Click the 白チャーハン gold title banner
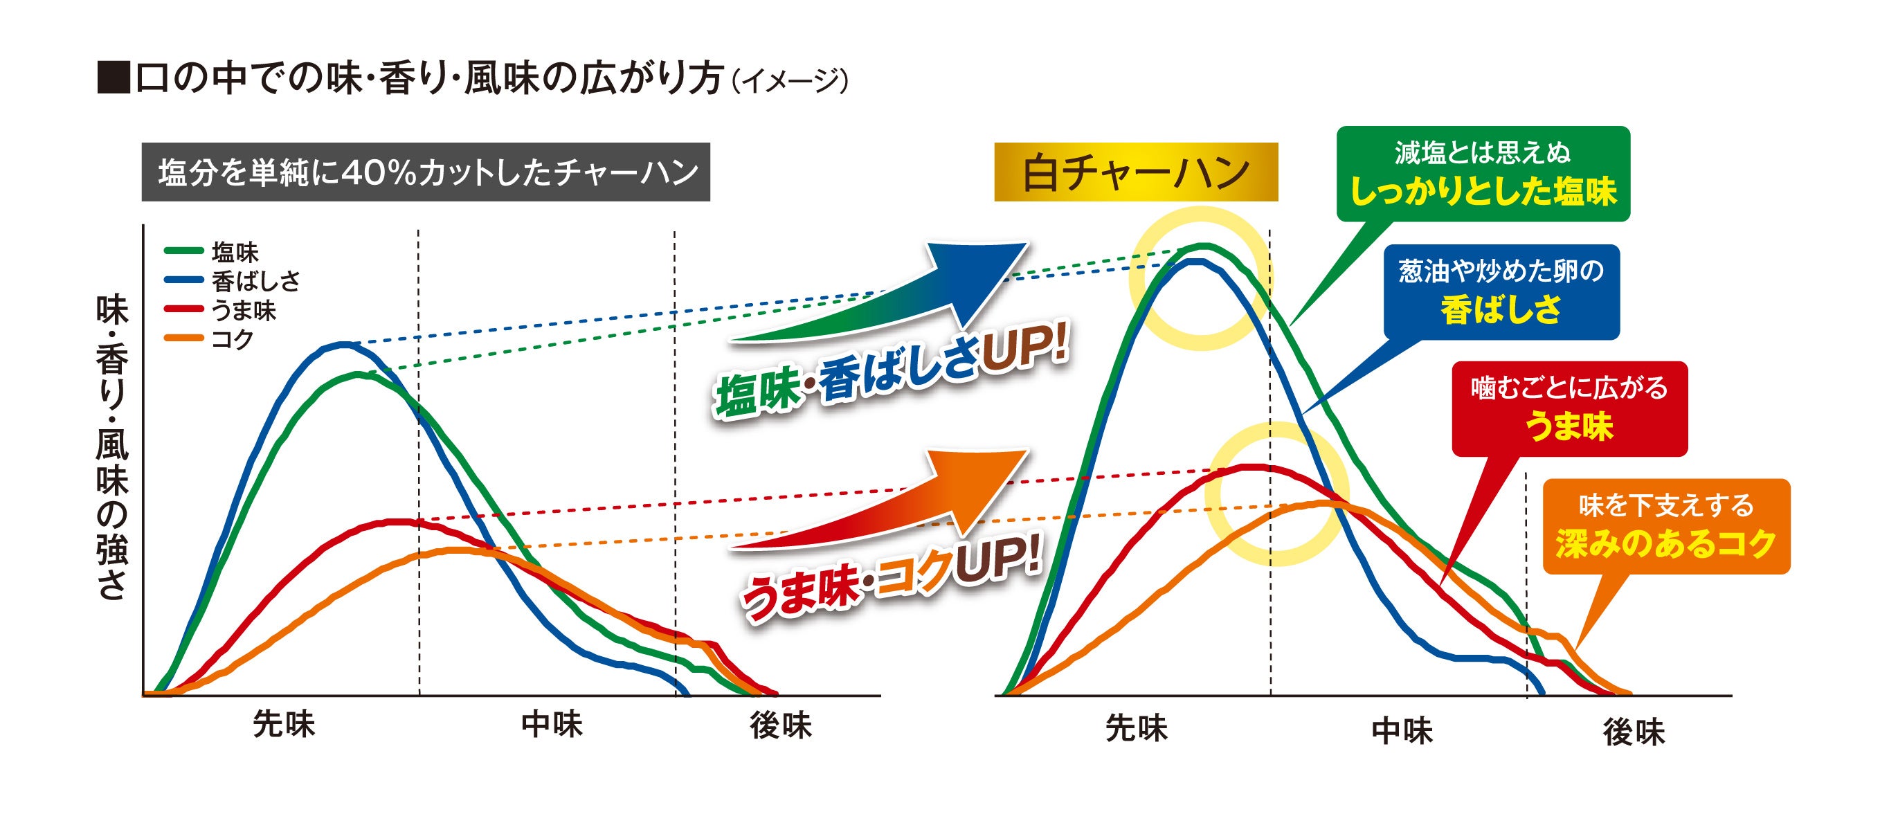[x=1136, y=172]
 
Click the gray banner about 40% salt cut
[x=426, y=172]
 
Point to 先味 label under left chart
[x=284, y=725]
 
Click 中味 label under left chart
[x=552, y=725]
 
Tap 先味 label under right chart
[x=1137, y=727]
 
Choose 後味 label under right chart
[x=1634, y=732]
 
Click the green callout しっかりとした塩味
[x=1483, y=174]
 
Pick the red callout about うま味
[x=1569, y=408]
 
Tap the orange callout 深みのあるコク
[x=1665, y=526]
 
